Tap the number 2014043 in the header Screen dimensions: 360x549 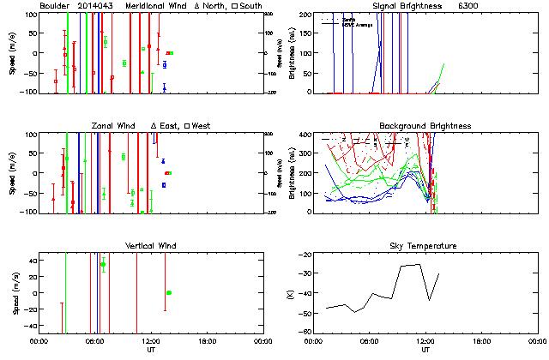pyautogui.click(x=97, y=6)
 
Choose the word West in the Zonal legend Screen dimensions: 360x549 pyautogui.click(x=202, y=126)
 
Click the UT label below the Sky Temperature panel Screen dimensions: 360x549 pyautogui.click(x=425, y=350)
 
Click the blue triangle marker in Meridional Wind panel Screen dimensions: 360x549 pyautogui.click(x=164, y=87)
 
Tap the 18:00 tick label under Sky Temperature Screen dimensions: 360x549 pyautogui.click(x=481, y=341)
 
